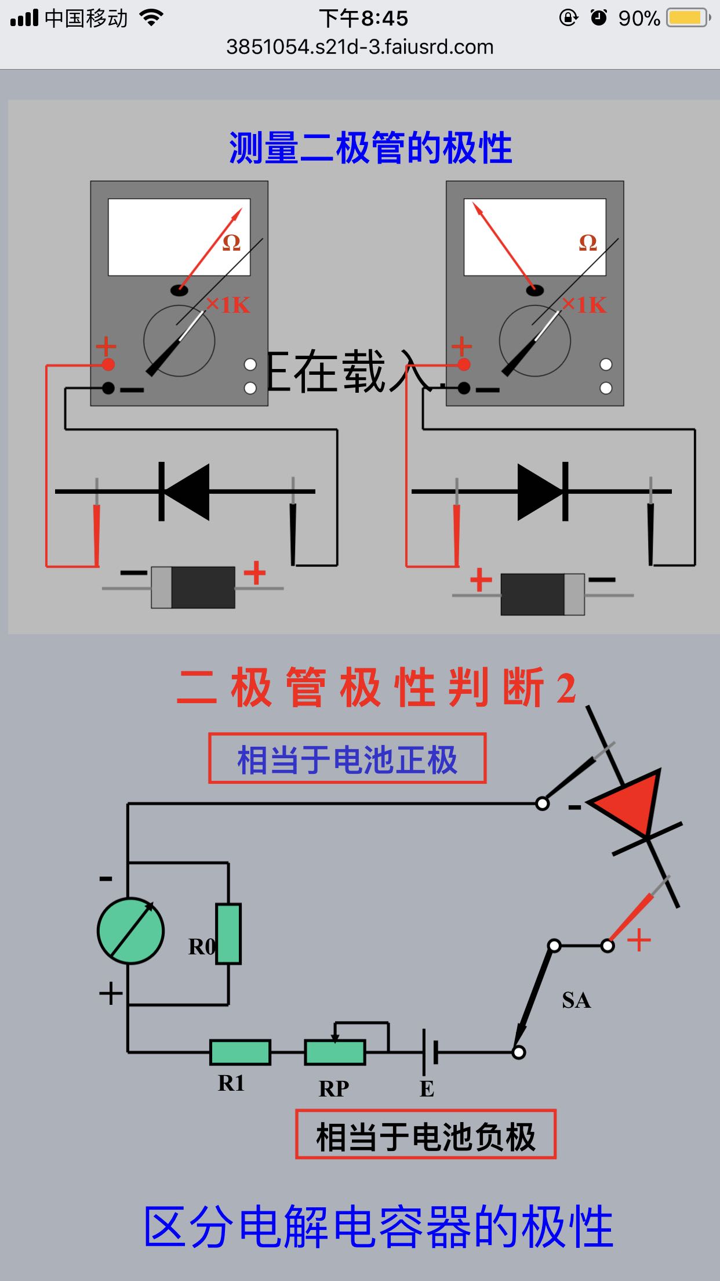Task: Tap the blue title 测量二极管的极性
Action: coord(370,148)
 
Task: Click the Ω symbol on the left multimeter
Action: coord(231,243)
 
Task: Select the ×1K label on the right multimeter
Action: coord(584,305)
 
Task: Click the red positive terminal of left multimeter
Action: coord(108,364)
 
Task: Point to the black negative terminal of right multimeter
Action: coord(464,388)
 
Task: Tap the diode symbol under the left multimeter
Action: coord(184,491)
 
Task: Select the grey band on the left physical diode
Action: coord(162,588)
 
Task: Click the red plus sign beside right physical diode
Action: coord(481,580)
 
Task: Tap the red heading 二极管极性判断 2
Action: coord(377,687)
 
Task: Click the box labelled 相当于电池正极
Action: coord(347,759)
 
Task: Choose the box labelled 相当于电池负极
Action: coord(426,1135)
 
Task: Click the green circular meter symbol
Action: coord(131,931)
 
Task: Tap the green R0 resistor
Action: coord(228,933)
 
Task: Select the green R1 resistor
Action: coord(240,1052)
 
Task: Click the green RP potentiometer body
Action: coord(335,1052)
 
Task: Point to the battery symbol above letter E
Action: coord(430,1052)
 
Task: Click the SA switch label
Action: coord(576,1000)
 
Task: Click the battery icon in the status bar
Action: coord(688,18)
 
